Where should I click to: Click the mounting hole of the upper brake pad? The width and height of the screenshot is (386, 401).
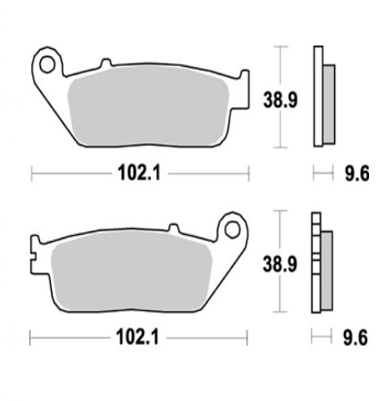coord(47,64)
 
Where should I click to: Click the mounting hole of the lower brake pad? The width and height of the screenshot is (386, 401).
coord(232,230)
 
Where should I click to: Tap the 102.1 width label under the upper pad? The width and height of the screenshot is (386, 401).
coord(139,173)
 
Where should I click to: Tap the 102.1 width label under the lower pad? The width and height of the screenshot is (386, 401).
coord(138,338)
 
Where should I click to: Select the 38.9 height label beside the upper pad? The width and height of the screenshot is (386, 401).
coord(281,100)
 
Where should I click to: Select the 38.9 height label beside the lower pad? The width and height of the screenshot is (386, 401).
coord(280,264)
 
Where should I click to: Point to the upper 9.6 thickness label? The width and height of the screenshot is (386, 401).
coord(357,173)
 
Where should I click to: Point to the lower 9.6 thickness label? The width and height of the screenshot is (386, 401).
coord(356,338)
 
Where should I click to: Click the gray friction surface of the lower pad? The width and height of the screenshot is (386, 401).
coord(131,271)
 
